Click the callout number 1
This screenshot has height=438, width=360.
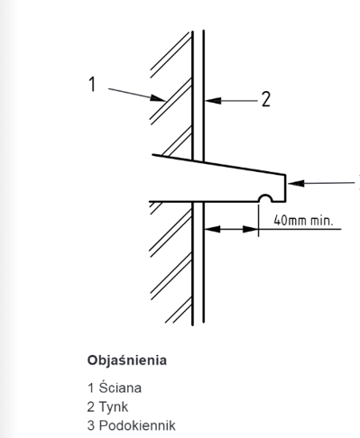(x=92, y=84)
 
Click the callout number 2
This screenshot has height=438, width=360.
(x=266, y=99)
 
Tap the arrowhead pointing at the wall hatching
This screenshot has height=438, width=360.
(x=158, y=98)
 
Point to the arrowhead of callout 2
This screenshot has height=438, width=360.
(x=213, y=101)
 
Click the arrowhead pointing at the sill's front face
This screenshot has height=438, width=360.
(x=296, y=183)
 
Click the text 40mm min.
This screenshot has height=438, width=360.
(x=303, y=221)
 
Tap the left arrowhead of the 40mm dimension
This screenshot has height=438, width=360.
(x=212, y=229)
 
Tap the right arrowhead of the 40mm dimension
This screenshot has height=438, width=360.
(x=250, y=229)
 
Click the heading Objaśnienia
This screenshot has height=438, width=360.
(x=127, y=360)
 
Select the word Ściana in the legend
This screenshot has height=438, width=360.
(x=120, y=388)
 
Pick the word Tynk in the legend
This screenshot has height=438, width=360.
(x=114, y=406)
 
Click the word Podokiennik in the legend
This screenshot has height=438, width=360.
(x=137, y=425)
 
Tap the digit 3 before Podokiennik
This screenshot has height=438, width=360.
(x=91, y=425)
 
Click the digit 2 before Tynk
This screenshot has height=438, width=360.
(x=91, y=406)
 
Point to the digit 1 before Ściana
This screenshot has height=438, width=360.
(x=91, y=388)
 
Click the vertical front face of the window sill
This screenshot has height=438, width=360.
(x=285, y=188)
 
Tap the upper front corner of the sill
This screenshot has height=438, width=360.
(x=285, y=175)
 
